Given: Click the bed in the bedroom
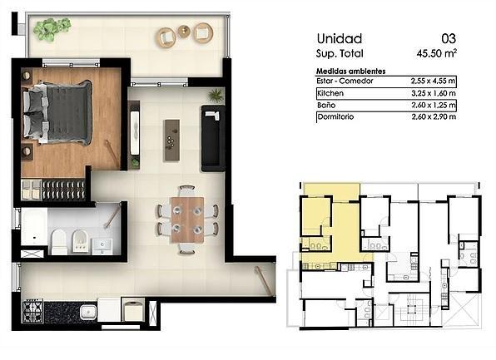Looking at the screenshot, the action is point(57,112).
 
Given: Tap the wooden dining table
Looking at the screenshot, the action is point(187,220).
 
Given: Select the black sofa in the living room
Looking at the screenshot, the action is point(213,138).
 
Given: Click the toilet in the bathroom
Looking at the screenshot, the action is point(59,242).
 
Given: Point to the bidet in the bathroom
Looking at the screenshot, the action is point(80,241).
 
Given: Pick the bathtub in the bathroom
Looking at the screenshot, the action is point(34,227).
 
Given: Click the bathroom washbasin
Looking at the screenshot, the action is point(102,247).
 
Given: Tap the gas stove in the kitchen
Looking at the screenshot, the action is point(32,311).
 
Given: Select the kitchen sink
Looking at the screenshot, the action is point(88,312).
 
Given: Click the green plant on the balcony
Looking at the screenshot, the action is point(52,28).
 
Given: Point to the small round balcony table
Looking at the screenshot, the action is point(184,31).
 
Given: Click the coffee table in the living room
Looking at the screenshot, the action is point(171,140).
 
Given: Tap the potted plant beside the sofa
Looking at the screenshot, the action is point(216,95).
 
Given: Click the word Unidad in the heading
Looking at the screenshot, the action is point(340,39).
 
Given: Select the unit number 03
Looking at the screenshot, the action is point(449,39).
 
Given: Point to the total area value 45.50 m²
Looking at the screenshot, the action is point(437,53).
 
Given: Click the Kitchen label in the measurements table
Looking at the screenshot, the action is point(330,93).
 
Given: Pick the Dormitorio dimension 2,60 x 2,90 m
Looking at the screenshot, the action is point(434,116).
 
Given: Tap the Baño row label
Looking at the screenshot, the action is point(326,105).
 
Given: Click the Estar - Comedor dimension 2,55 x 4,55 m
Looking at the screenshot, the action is point(433,81).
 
